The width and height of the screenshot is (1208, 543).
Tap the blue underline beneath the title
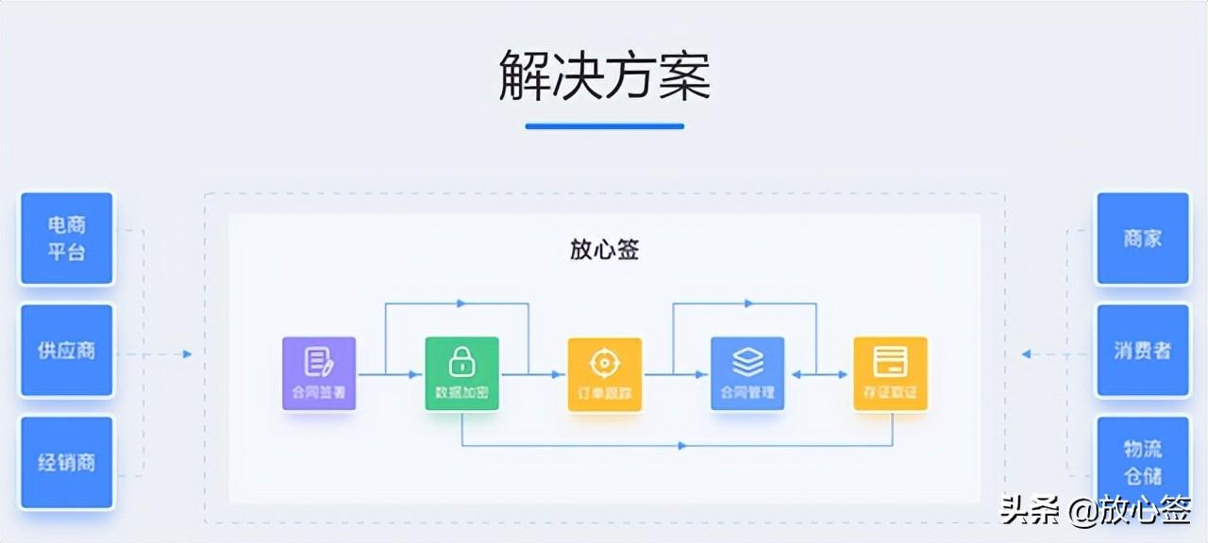604,125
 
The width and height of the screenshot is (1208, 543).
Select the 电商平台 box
67,239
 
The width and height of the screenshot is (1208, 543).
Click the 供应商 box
67,351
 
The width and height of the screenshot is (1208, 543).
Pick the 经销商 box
67,463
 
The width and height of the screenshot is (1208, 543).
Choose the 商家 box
1142,239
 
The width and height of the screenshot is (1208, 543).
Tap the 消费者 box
1142,351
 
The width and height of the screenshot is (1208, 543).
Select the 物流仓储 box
1142,463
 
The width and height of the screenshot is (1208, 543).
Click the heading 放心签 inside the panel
604,249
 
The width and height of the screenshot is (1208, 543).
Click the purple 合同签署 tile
319,373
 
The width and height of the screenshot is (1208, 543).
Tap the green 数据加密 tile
461,373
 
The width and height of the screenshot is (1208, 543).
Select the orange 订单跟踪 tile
604,373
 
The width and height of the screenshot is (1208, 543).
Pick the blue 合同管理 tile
747,373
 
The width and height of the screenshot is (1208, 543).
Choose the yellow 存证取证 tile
890,373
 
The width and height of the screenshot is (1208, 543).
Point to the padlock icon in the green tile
461,361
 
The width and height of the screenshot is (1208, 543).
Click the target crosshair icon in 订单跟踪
604,361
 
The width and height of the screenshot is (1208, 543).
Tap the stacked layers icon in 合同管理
747,361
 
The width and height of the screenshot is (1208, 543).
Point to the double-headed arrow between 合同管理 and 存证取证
819,374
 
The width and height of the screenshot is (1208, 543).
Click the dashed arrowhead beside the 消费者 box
1027,354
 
